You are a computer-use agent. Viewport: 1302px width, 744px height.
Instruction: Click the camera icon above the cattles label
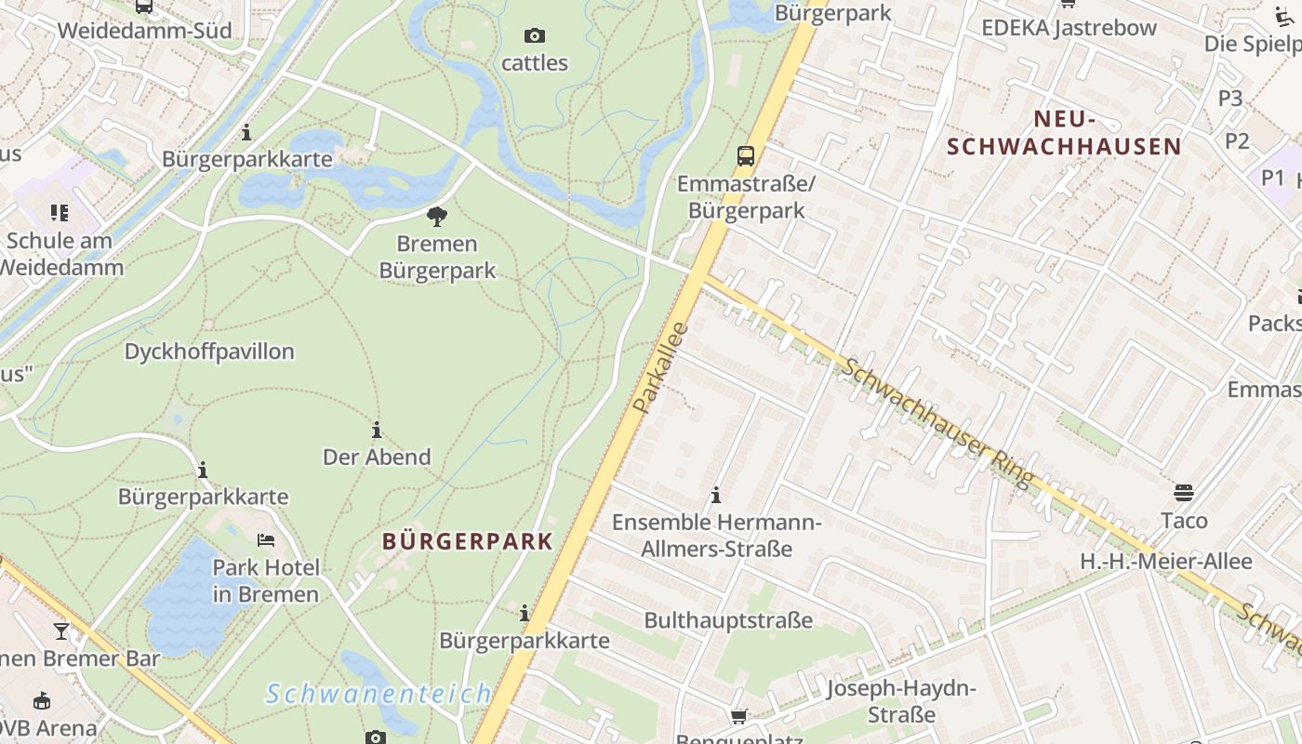point(534,36)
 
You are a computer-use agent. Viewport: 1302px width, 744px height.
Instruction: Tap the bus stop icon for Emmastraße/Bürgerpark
point(746,155)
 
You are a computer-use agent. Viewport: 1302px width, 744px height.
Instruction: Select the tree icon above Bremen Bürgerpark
point(437,218)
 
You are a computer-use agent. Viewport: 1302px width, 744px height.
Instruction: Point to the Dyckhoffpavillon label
point(209,352)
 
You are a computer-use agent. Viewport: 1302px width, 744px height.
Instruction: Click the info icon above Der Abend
point(377,430)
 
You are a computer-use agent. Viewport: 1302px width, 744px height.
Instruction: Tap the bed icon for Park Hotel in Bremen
point(266,539)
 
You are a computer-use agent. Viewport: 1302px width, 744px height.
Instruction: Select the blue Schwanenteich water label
point(379,694)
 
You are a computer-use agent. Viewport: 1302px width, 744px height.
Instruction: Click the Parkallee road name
point(659,368)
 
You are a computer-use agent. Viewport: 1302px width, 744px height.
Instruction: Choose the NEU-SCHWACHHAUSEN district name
point(1064,133)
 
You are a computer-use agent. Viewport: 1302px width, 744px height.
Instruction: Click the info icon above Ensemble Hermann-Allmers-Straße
point(716,495)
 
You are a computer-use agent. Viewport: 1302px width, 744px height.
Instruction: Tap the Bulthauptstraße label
point(728,620)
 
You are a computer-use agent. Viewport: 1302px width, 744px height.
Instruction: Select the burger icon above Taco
point(1184,491)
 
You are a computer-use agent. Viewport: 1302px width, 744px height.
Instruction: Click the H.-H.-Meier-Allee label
point(1165,562)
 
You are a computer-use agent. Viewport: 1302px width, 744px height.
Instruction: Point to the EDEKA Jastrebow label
point(1069,28)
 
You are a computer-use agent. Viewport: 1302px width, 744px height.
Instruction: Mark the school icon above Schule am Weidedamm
point(60,213)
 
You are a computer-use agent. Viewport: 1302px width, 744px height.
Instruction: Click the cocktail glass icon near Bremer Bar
point(61,631)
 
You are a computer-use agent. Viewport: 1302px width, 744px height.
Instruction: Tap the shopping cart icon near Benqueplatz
point(739,716)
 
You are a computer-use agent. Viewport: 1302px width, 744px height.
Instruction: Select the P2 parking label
point(1237,140)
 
